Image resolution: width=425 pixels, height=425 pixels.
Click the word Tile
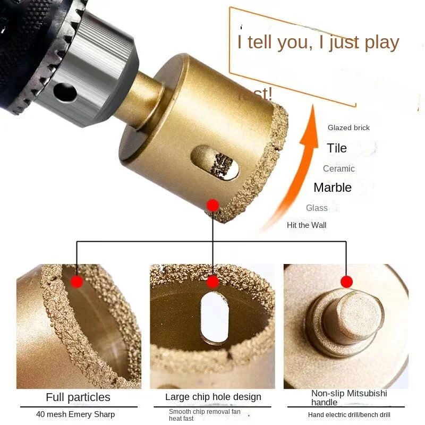click(337, 148)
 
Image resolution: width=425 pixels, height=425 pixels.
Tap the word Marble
click(333, 188)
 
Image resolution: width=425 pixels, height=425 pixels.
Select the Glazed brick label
click(348, 127)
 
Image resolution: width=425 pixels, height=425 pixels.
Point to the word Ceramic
click(339, 168)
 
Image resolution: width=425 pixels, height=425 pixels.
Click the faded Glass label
click(317, 208)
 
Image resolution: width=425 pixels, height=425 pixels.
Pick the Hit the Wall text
click(307, 225)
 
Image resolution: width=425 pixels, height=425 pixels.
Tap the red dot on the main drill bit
click(213, 206)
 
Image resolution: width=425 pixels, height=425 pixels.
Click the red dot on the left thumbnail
click(77, 282)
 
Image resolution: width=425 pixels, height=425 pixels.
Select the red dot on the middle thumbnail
click(213, 282)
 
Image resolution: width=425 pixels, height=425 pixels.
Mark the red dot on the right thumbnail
click(347, 282)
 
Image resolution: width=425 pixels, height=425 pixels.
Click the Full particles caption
click(78, 397)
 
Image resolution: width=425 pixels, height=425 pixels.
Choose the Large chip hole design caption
click(213, 397)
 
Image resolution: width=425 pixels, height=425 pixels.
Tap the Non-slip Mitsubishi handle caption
click(349, 397)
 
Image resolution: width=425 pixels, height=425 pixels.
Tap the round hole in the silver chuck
click(65, 92)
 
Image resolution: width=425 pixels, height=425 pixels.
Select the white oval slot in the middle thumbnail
click(215, 318)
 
